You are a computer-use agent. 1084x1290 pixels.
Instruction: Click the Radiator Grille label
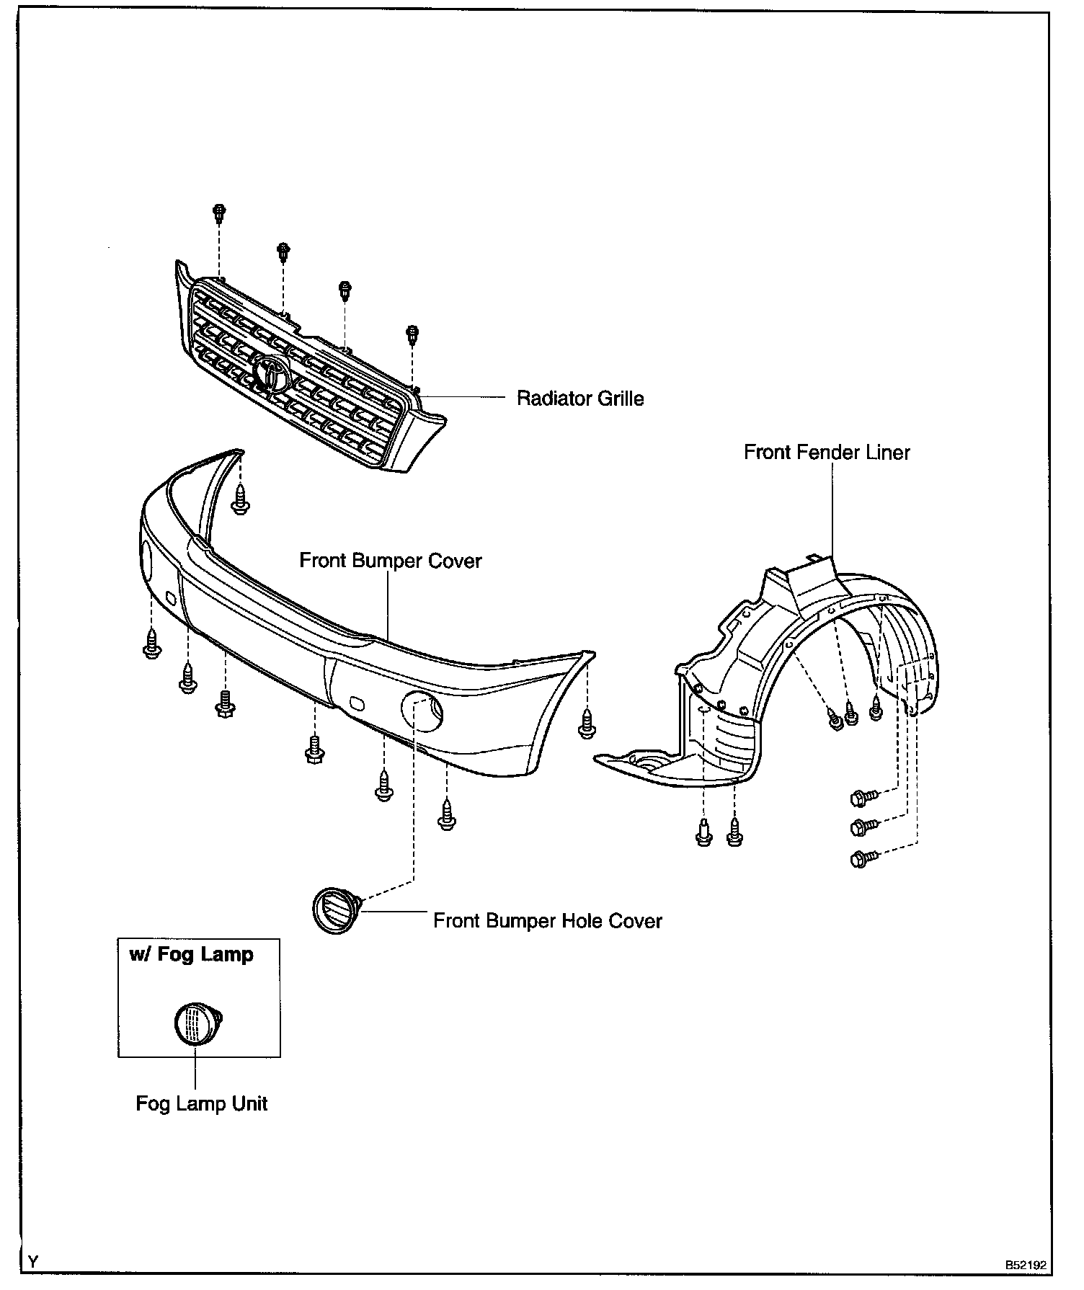580,399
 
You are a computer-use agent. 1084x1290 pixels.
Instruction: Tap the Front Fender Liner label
827,453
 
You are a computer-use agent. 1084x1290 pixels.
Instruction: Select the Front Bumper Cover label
390,561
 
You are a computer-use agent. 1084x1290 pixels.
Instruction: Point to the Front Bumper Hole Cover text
547,921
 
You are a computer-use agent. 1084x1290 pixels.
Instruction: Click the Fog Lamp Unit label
201,1103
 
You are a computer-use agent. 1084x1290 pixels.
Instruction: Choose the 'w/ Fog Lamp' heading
191,955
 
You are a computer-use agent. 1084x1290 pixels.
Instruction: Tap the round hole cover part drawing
336,909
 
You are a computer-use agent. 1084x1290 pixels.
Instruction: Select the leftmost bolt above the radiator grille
218,213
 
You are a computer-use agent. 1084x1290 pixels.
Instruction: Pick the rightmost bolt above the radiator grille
412,334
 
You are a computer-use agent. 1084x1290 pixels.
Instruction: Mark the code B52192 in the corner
1026,1264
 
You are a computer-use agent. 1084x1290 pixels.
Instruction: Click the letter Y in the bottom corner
33,1260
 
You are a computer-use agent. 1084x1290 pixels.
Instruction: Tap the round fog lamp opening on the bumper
422,710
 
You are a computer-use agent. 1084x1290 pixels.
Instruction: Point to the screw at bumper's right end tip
587,724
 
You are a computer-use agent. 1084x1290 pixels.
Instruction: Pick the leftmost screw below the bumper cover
151,644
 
